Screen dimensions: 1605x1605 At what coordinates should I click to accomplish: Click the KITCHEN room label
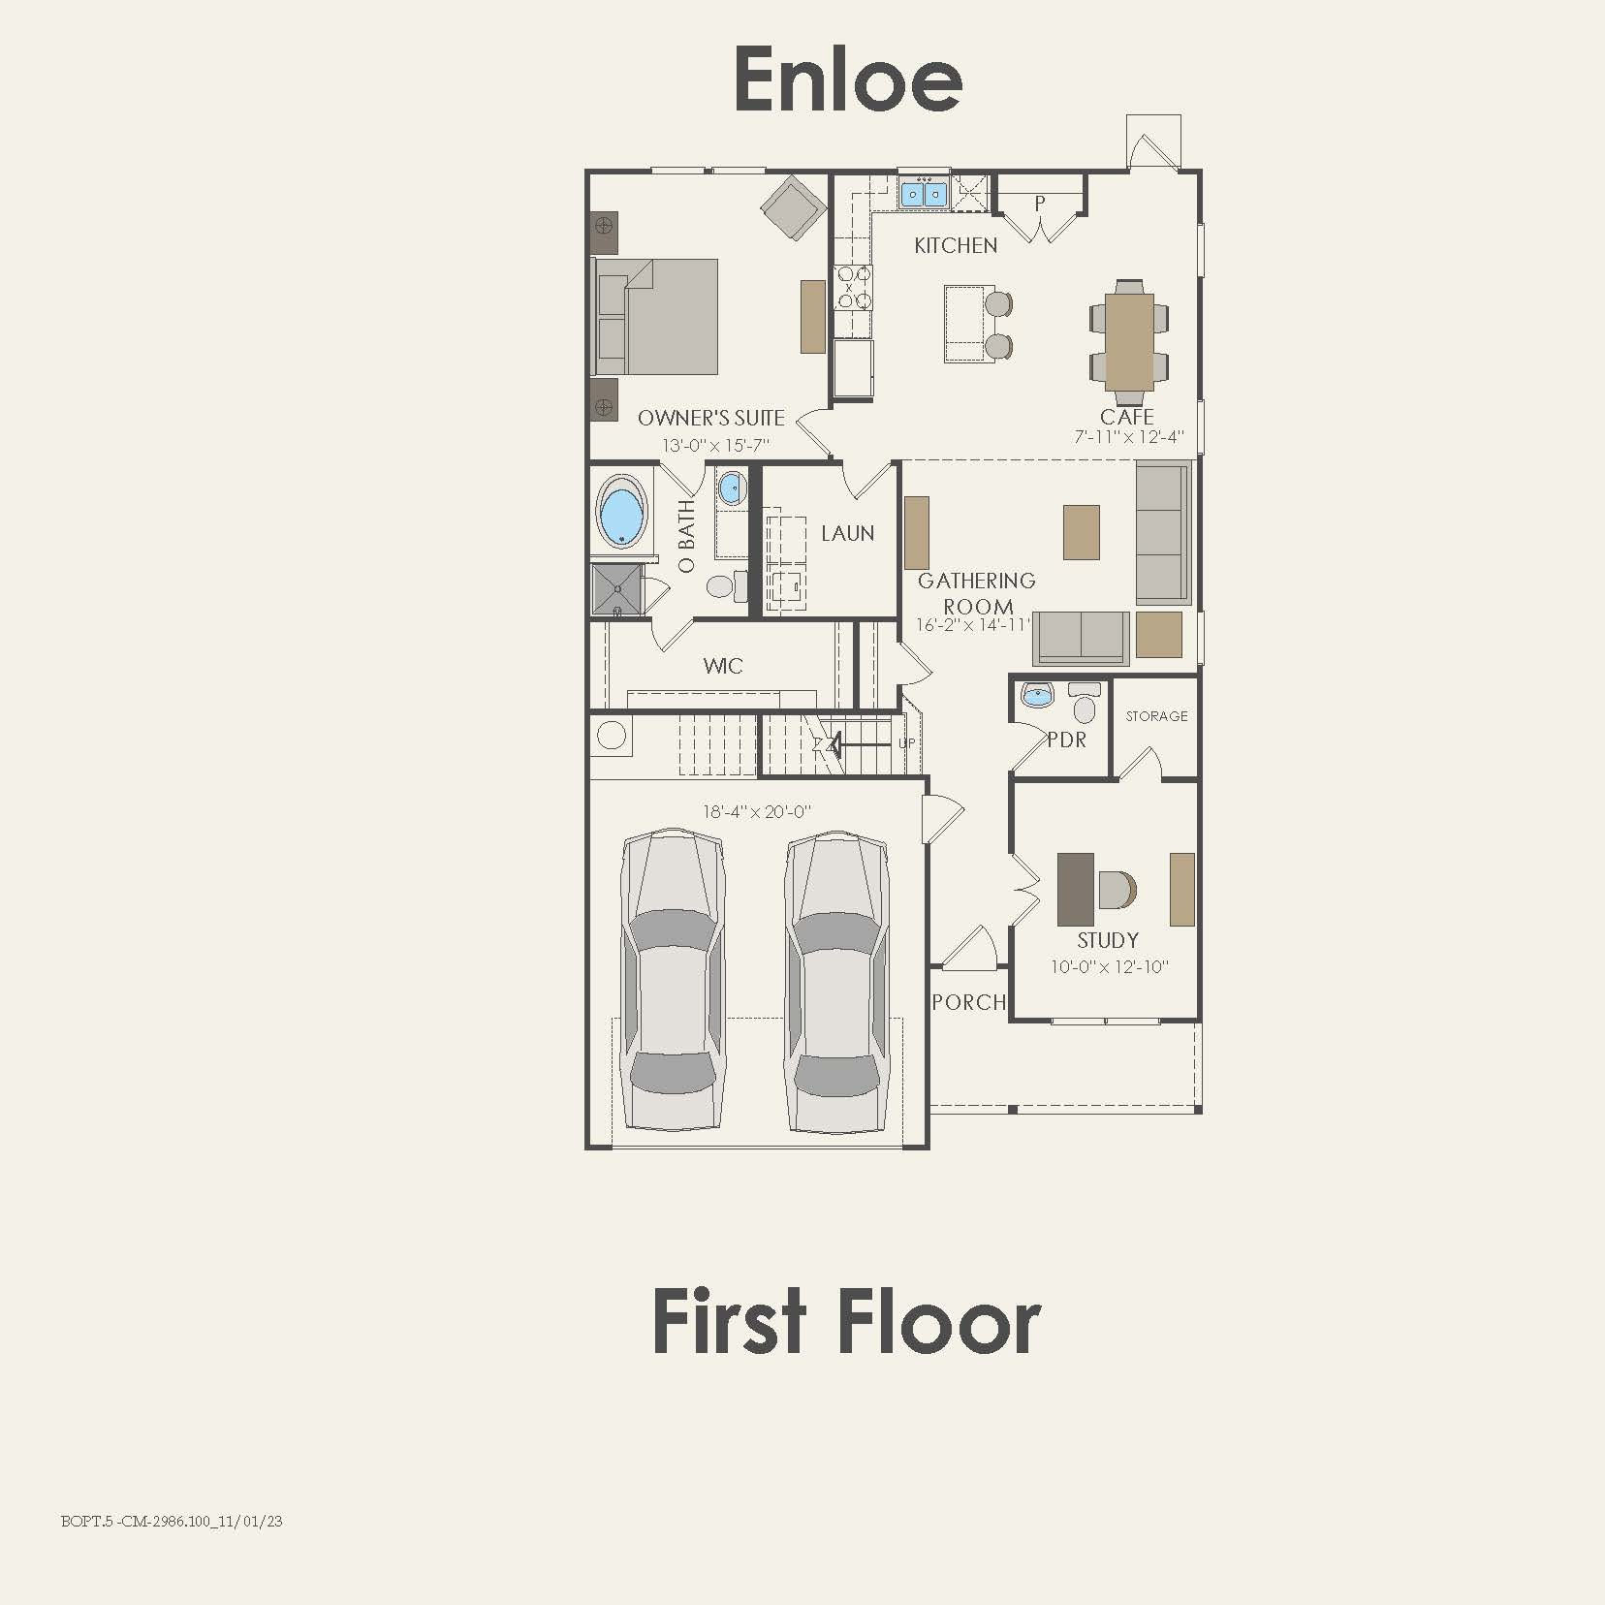tap(956, 246)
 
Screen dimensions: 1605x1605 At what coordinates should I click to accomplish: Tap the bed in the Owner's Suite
tap(656, 316)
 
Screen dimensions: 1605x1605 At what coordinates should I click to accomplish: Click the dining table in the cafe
tap(1129, 341)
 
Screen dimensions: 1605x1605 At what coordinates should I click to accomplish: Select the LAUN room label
tap(848, 534)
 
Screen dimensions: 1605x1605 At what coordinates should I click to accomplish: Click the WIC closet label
tap(723, 667)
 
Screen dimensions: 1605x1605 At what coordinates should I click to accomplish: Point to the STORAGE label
tap(1156, 716)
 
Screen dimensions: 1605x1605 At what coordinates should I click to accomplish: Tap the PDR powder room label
tap(1066, 740)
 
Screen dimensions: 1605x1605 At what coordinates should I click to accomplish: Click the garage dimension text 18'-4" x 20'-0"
tap(757, 812)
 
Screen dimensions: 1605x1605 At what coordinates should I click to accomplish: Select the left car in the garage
tap(673, 979)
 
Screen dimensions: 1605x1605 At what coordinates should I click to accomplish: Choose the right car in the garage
tap(836, 979)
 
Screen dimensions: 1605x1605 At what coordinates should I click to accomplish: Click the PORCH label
tap(968, 1003)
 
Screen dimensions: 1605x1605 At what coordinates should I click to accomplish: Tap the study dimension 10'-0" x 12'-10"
tap(1110, 967)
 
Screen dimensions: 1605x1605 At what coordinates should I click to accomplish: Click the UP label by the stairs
tap(906, 744)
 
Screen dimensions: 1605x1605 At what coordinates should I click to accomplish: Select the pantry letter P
tap(1040, 205)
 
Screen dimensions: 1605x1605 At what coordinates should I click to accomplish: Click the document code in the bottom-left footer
tap(172, 1522)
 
